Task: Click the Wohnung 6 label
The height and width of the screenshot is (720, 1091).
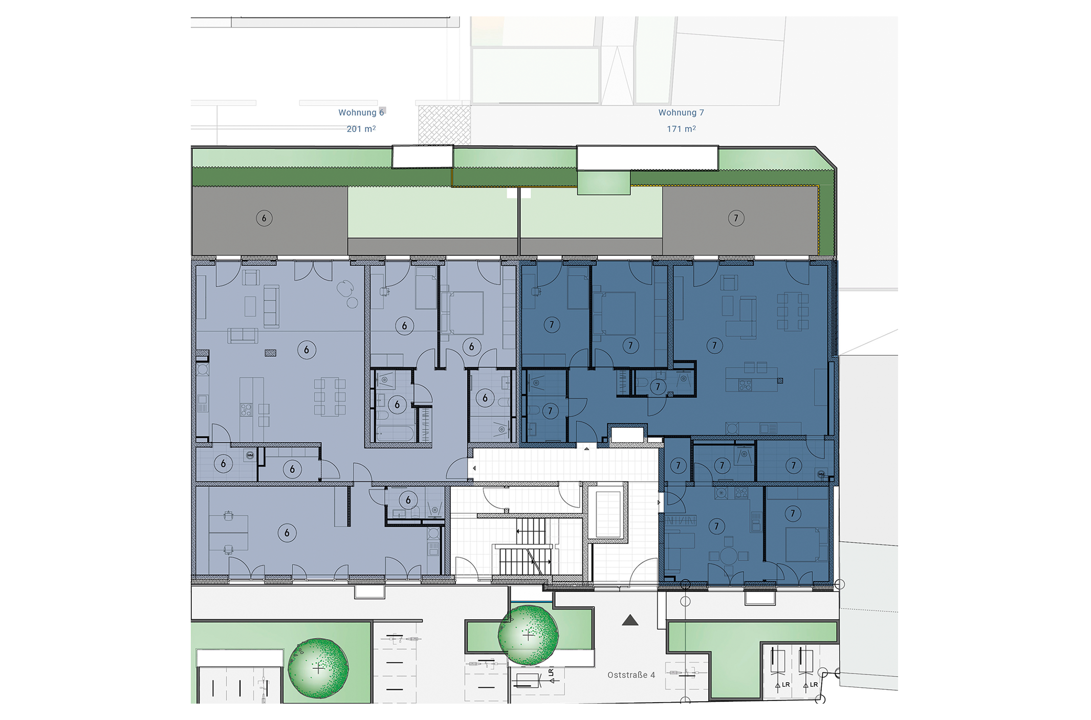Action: point(361,113)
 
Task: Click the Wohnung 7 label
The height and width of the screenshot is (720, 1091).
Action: point(681,113)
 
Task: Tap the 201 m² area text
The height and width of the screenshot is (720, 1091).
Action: point(361,129)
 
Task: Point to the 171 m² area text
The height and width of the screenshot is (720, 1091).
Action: point(681,129)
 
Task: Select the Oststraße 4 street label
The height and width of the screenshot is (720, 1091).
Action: point(631,675)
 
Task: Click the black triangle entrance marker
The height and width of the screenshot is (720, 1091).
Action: point(630,620)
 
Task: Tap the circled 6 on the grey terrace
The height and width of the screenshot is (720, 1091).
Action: point(264,219)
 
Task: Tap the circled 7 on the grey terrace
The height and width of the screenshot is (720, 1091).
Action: point(736,219)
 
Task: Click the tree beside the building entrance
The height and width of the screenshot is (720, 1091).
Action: point(528,635)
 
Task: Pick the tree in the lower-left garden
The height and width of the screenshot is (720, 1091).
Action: point(318,668)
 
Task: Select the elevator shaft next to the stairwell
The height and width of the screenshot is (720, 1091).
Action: point(607,514)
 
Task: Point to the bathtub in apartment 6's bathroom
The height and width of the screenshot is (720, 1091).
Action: point(395,433)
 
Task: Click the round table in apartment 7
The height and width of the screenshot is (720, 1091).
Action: point(729,556)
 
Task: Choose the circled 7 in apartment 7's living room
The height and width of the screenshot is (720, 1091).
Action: point(714,346)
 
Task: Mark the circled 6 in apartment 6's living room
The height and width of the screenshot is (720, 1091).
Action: point(307,350)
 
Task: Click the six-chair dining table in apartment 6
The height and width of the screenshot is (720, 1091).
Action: point(330,397)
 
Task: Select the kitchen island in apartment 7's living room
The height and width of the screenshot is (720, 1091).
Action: point(751,380)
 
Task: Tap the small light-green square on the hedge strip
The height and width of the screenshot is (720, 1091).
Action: point(604,183)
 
